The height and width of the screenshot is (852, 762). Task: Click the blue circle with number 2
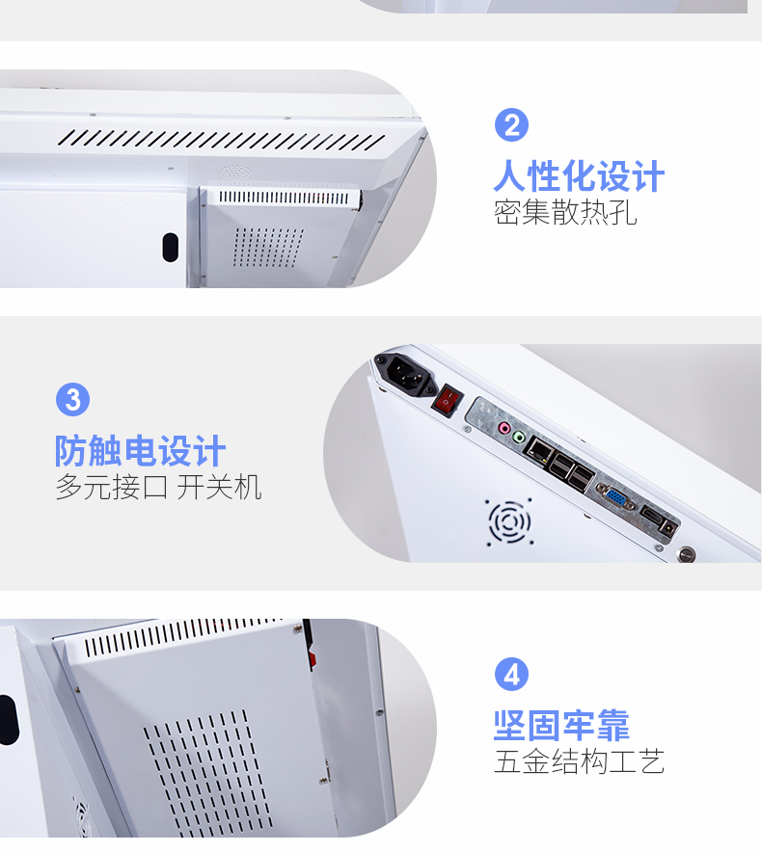511,125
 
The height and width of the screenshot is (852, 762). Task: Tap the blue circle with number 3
72,400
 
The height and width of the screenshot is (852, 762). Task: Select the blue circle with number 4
511,675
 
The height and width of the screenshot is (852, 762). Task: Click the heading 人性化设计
579,176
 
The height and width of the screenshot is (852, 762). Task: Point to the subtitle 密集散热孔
565,212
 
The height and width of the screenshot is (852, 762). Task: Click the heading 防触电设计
140,450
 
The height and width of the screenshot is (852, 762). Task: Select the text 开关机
219,487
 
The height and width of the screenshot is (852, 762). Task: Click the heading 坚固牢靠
561,726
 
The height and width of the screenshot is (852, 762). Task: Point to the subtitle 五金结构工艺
580,761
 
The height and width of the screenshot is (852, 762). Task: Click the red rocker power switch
448,401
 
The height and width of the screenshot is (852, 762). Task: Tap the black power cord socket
405,374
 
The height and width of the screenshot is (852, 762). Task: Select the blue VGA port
616,497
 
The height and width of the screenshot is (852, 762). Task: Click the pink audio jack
504,428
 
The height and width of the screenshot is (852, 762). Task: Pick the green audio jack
520,437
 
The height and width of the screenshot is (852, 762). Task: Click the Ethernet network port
539,450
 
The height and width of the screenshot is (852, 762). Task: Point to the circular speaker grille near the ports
509,521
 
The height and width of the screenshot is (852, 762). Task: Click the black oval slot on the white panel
170,248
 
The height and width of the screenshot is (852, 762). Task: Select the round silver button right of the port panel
687,554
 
